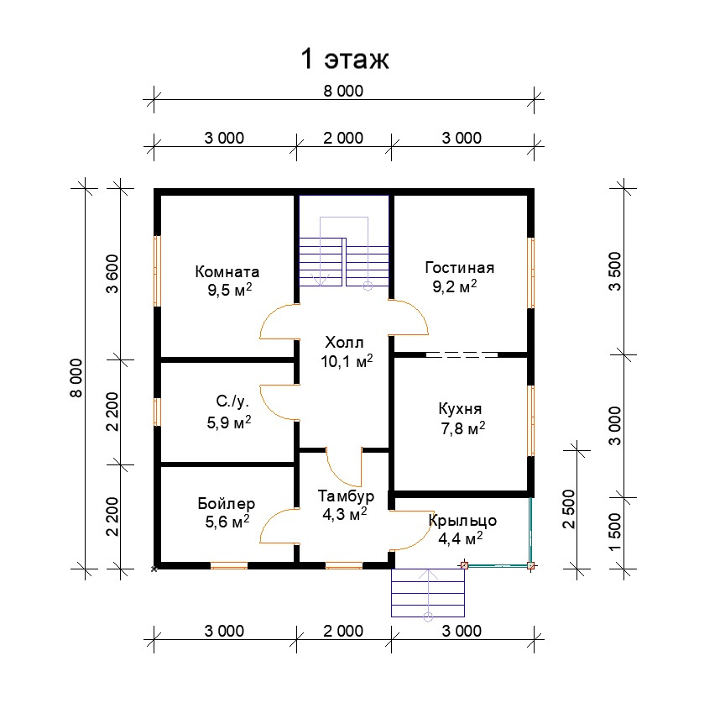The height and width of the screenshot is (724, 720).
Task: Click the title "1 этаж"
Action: (x=345, y=59)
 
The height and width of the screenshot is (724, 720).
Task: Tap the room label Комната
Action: (x=227, y=271)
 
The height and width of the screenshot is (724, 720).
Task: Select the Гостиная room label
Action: (x=459, y=267)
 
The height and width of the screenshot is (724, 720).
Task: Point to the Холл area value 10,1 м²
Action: (x=347, y=361)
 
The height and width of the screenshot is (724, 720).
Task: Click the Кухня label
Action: (x=460, y=409)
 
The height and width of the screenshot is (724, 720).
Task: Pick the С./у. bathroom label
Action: (x=232, y=401)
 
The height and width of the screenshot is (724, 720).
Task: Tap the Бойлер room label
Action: (x=226, y=503)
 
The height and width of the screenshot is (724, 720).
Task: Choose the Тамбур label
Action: (x=346, y=496)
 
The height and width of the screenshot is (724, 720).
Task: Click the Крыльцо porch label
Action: (x=462, y=521)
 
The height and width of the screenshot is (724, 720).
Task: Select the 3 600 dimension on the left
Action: (x=112, y=274)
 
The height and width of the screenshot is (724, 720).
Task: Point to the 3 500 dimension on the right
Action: (x=615, y=271)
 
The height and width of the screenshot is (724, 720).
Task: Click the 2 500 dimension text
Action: (x=569, y=509)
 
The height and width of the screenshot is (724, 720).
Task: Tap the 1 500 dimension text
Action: (x=615, y=532)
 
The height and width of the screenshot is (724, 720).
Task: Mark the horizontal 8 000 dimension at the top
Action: (x=343, y=91)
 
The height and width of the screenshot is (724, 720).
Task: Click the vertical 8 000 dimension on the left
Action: (x=76, y=378)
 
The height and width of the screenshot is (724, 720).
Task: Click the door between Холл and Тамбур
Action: (x=344, y=467)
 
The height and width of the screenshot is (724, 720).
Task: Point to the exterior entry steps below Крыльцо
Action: (x=428, y=593)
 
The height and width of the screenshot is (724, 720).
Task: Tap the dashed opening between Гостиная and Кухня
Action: (x=462, y=354)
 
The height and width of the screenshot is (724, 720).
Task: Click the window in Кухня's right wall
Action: (x=531, y=421)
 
